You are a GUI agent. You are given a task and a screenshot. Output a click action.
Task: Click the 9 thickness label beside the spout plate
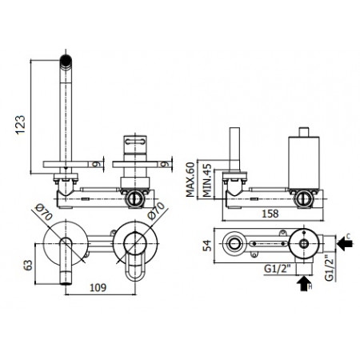click(96, 165)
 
